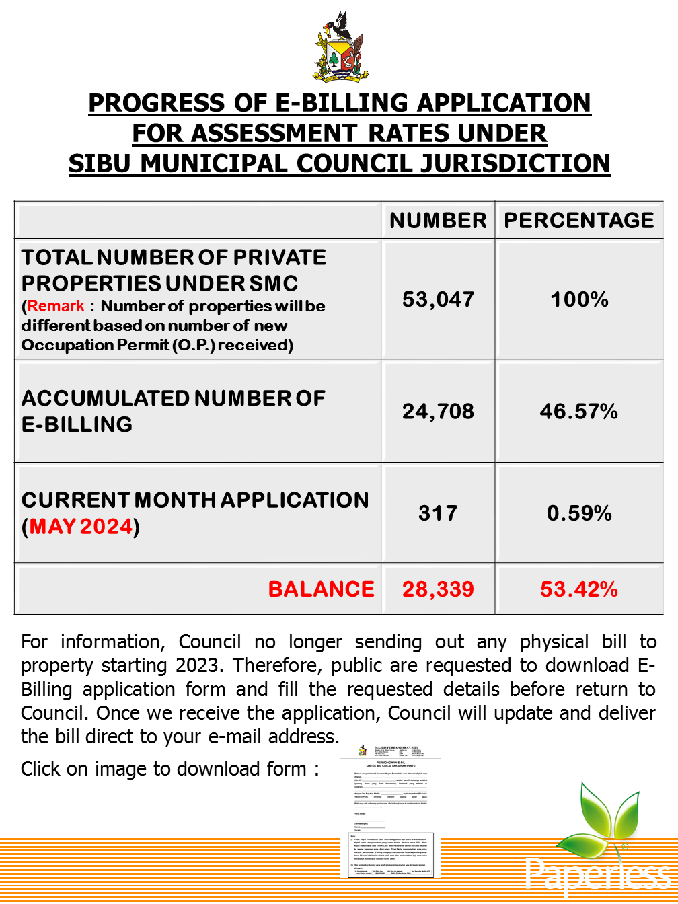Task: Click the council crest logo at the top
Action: pyautogui.click(x=340, y=47)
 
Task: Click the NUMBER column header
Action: pyautogui.click(x=438, y=221)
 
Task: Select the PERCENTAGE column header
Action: pyautogui.click(x=579, y=221)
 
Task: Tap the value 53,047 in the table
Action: pyautogui.click(x=438, y=299)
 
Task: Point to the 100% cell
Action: pyautogui.click(x=579, y=299)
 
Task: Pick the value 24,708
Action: pyautogui.click(x=438, y=411)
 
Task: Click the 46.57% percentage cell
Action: pyautogui.click(x=579, y=411)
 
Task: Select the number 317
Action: pyautogui.click(x=438, y=513)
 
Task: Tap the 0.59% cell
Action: pyautogui.click(x=579, y=513)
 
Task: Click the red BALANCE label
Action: pyautogui.click(x=321, y=589)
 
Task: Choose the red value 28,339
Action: pyautogui.click(x=438, y=590)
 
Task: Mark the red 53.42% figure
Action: pyautogui.click(x=579, y=590)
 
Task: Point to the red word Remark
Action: pyautogui.click(x=56, y=306)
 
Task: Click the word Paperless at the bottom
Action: pyautogui.click(x=597, y=874)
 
